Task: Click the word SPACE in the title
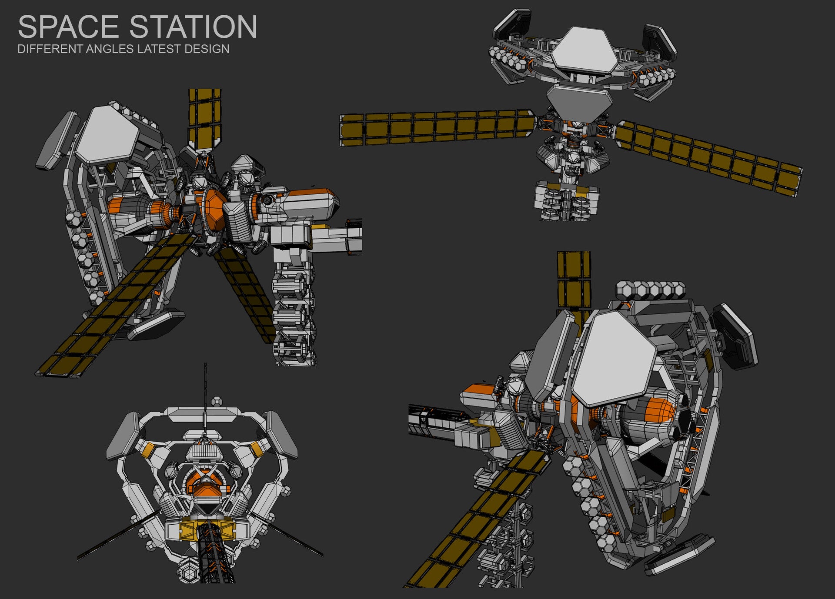(68, 27)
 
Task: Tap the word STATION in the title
(194, 27)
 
